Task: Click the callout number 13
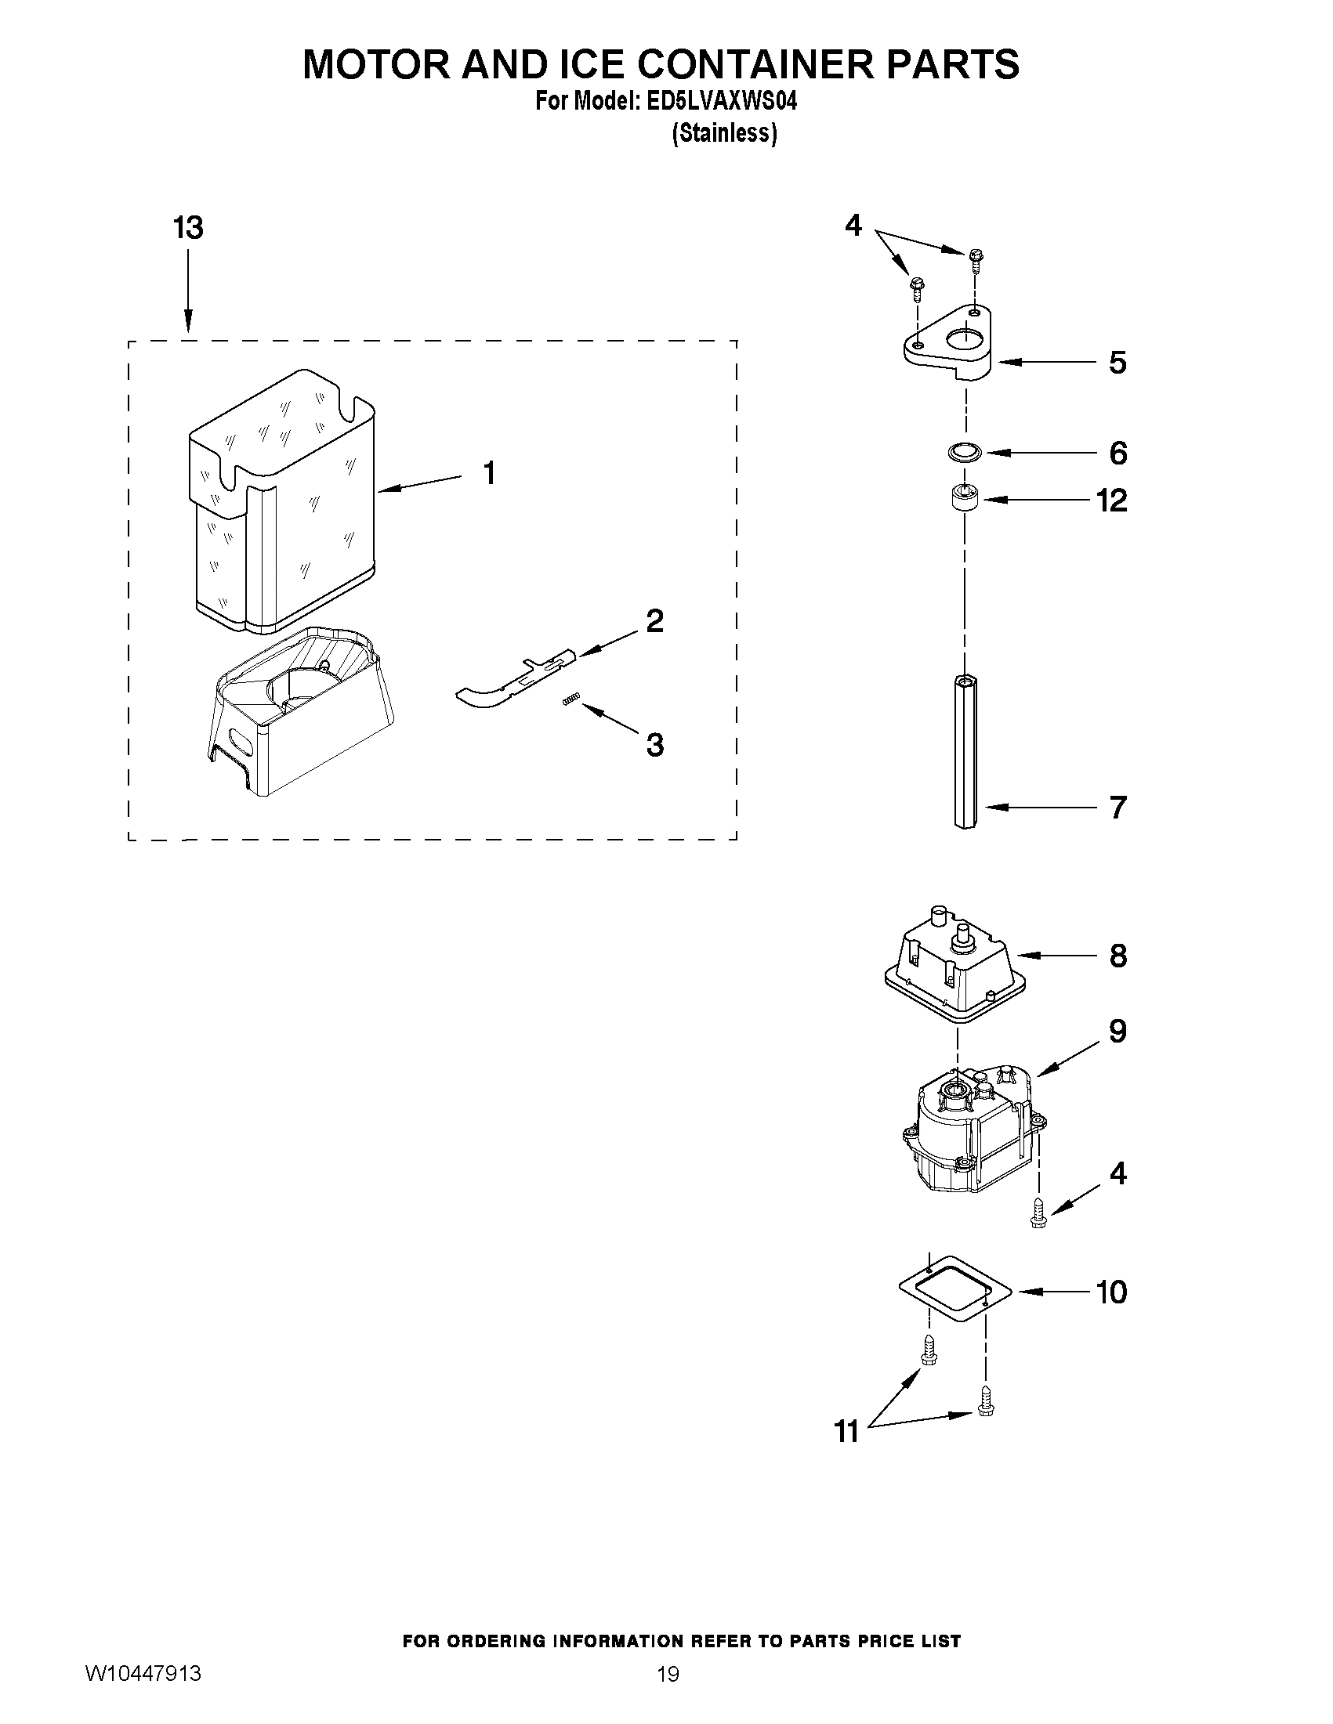click(x=188, y=227)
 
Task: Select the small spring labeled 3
click(x=572, y=699)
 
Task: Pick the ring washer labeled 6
click(x=964, y=452)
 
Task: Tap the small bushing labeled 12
click(x=964, y=500)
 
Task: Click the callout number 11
click(x=846, y=1430)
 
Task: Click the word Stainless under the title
click(x=724, y=133)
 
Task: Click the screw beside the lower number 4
click(x=1038, y=1213)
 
